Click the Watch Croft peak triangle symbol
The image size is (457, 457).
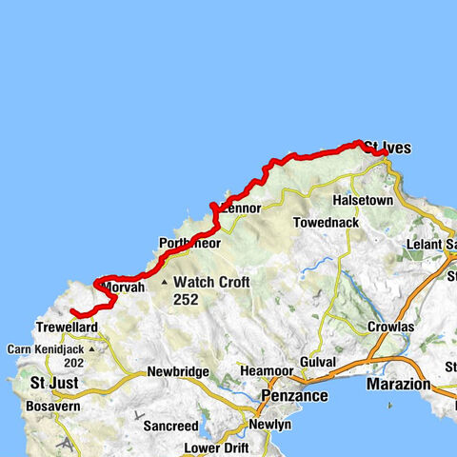click(x=164, y=283)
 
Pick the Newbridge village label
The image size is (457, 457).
click(x=177, y=372)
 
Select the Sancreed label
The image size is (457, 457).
click(x=170, y=426)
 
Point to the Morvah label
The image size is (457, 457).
click(x=123, y=287)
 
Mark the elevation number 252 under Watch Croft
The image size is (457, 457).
click(x=187, y=298)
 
